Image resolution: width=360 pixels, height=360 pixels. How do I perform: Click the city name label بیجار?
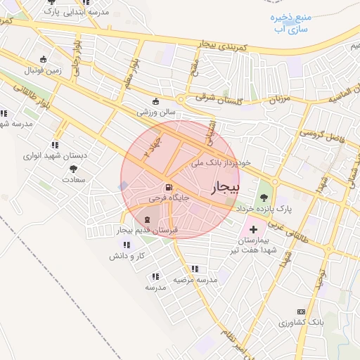pyautogui.click(x=224, y=186)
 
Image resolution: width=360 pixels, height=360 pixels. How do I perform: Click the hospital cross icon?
pyautogui.click(x=254, y=230)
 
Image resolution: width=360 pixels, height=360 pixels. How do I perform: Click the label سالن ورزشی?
pyautogui.click(x=156, y=112)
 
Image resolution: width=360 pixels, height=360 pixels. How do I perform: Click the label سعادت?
pyautogui.click(x=73, y=180)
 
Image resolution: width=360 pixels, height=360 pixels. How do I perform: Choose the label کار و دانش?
pyautogui.click(x=127, y=256)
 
